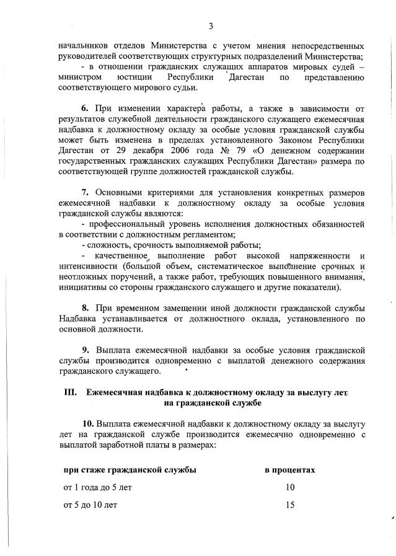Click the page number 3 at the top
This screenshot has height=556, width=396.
211,25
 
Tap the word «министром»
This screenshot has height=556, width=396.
81,78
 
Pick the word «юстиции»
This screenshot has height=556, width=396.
133,78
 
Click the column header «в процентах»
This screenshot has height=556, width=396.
290,469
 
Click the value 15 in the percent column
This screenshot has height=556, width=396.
290,505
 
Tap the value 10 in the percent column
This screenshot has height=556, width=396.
290,487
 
